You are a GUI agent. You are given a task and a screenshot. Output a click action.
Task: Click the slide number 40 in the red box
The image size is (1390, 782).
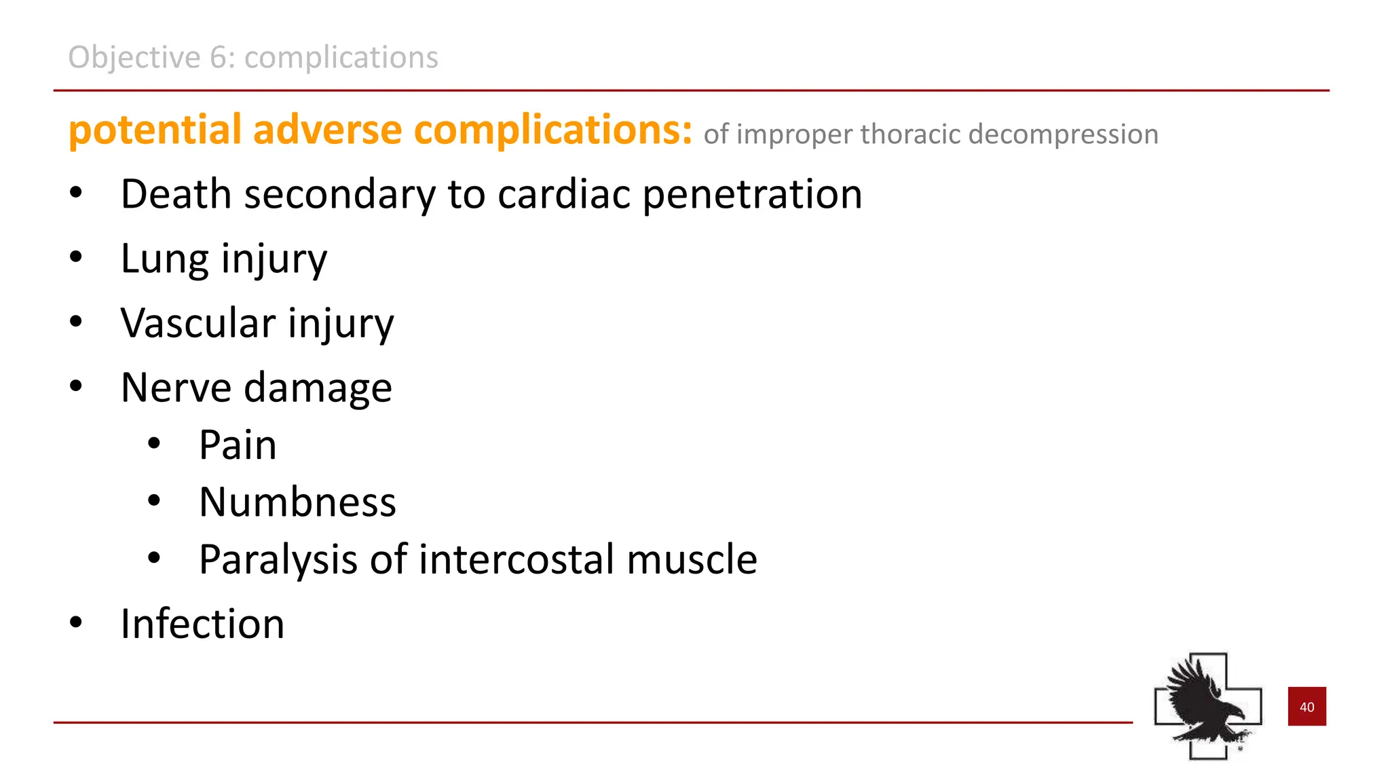point(1307,707)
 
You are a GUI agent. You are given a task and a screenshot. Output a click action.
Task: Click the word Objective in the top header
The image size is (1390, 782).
point(134,57)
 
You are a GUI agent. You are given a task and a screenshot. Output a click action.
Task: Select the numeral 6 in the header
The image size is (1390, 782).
point(218,57)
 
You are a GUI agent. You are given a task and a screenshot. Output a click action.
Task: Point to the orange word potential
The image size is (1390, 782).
point(155,130)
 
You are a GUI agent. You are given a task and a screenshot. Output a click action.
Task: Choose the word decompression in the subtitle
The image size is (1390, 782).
point(1063,134)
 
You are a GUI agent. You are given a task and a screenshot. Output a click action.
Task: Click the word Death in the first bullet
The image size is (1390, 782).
point(176,194)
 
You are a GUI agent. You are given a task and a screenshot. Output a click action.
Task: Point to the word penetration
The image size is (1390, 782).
point(752,194)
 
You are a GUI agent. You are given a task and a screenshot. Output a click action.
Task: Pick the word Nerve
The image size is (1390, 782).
point(176,388)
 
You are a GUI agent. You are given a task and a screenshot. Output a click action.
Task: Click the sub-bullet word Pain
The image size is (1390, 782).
point(238,445)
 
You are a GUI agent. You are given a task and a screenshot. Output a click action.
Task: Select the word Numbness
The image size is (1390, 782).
point(297,502)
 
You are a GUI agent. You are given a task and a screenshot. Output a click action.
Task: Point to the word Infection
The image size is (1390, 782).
point(202,624)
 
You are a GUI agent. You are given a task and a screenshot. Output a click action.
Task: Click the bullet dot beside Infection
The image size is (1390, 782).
point(76,622)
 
